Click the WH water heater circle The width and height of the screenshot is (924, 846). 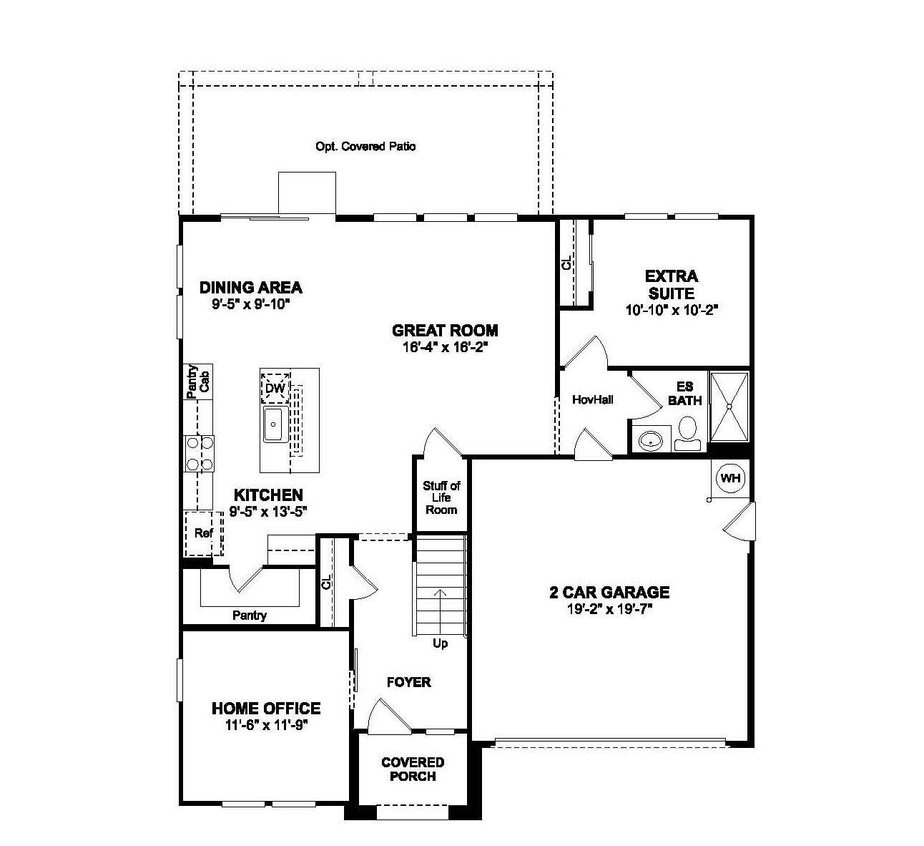730,477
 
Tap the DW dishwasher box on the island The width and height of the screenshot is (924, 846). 275,388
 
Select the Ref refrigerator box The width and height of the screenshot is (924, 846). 204,533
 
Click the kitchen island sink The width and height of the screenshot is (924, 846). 274,424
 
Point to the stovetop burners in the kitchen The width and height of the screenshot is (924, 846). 200,453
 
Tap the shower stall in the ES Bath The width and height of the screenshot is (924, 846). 729,406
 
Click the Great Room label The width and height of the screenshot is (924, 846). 445,330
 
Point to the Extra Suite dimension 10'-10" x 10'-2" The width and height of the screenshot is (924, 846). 671,310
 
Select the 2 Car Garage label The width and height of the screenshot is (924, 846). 609,592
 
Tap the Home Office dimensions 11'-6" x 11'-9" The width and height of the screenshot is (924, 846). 265,724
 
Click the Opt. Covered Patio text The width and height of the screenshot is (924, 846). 365,146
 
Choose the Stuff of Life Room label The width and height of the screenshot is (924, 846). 441,497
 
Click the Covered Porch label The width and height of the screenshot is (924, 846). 413,769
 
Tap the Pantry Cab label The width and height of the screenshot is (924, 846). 197,381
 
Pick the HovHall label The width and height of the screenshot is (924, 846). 593,399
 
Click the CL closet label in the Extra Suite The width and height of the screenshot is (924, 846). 567,263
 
